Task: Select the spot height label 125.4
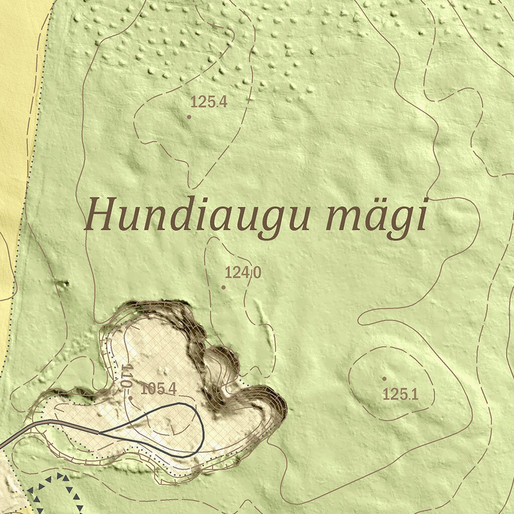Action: (x=209, y=102)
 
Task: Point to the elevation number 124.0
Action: (x=243, y=273)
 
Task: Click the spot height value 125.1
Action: (x=401, y=395)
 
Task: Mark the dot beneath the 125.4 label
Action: (x=189, y=117)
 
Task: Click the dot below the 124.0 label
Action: (x=223, y=287)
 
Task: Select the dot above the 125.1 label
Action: (x=384, y=378)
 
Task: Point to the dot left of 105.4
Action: (x=131, y=398)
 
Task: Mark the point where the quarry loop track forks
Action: (x=98, y=432)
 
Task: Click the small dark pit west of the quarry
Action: (x=64, y=284)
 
